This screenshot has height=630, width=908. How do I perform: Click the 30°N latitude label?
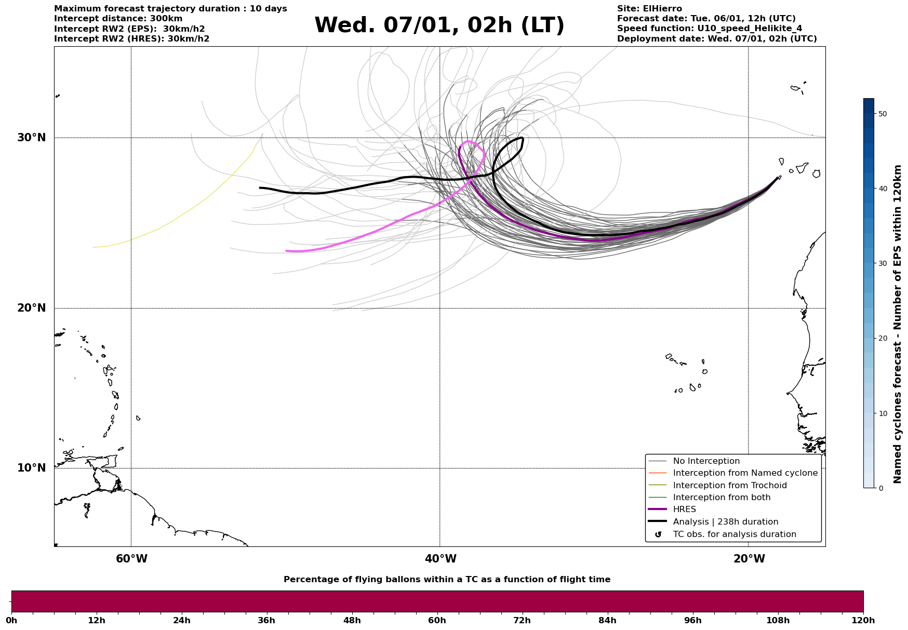31,138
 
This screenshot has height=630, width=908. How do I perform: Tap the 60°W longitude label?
131,559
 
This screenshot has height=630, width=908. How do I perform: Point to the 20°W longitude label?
749,559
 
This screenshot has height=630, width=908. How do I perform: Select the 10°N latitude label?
31,468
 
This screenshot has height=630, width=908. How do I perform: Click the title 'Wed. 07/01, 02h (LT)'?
439,25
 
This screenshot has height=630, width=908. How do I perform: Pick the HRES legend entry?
684,510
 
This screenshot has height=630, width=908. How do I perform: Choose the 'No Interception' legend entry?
706,461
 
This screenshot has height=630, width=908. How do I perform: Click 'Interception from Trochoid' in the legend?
729,486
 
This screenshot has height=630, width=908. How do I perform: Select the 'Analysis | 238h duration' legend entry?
725,522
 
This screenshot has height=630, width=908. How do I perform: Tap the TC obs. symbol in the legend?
658,534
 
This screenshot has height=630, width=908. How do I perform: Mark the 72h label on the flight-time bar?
522,620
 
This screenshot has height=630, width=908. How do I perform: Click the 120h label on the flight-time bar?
863,620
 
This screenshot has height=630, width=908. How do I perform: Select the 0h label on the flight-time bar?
11,620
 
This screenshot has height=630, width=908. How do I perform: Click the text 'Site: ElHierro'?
649,9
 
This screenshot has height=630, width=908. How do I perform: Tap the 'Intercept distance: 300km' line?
118,19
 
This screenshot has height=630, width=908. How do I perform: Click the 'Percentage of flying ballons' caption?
447,580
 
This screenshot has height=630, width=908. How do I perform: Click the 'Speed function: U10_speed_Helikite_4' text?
710,29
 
